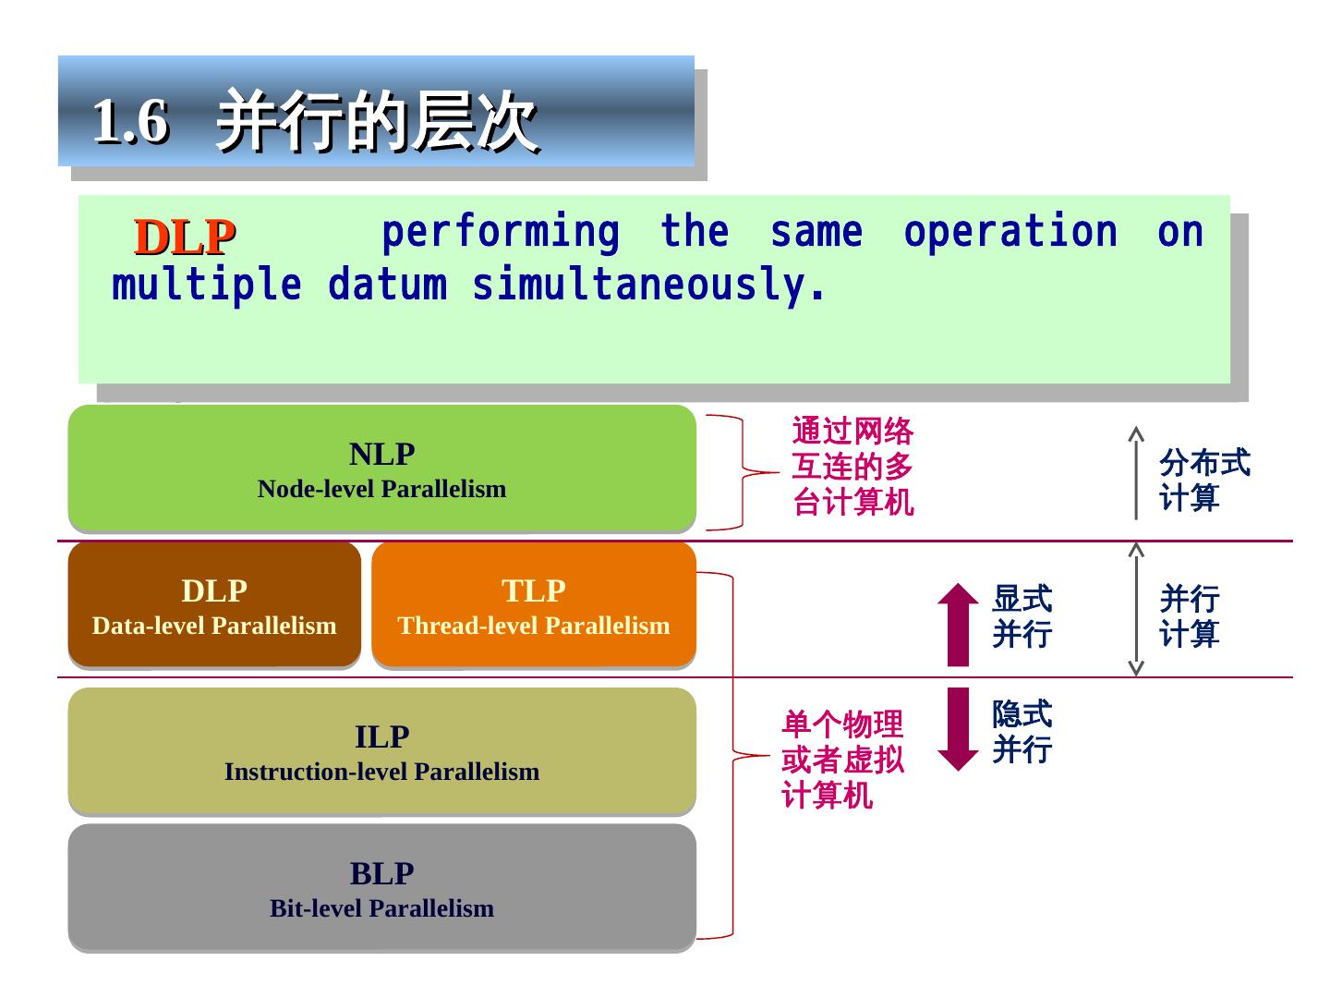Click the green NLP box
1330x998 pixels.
coord(381,469)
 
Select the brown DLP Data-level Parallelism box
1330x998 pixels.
coord(214,605)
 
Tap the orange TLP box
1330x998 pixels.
coord(534,605)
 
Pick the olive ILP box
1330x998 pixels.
coord(381,751)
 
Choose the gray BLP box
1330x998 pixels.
coord(381,888)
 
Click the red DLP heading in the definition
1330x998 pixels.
coord(185,237)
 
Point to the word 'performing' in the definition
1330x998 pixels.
coord(501,232)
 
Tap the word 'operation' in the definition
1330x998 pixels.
coord(1010,232)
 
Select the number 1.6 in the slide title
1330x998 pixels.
coord(130,121)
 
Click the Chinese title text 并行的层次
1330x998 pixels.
coord(377,121)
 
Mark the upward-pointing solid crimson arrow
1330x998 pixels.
coord(958,624)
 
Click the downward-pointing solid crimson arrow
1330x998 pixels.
coord(958,729)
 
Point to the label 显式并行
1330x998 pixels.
coord(1022,616)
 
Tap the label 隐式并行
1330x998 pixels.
coord(1022,731)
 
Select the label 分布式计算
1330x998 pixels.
coord(1203,480)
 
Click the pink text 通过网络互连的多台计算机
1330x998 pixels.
coord(852,467)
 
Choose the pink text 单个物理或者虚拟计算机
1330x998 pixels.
coord(842,760)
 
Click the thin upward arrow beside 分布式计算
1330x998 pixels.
coord(1136,472)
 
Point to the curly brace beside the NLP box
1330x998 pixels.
coord(743,472)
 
